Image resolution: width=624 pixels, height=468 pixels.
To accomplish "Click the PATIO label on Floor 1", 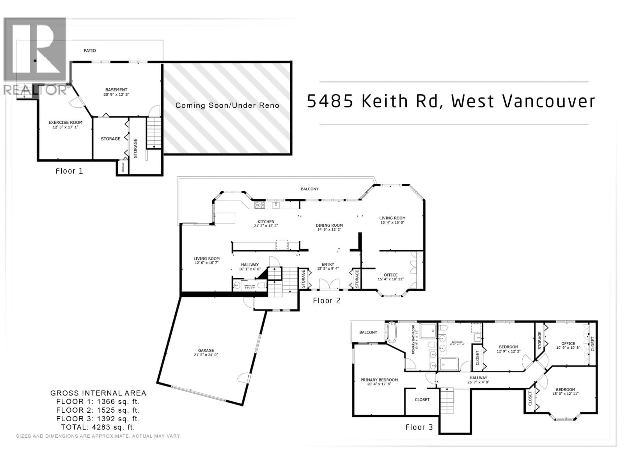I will [x=90, y=51].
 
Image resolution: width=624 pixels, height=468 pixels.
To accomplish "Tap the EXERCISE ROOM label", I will [x=65, y=122].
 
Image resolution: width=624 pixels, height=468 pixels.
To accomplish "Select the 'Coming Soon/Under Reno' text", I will [x=227, y=105].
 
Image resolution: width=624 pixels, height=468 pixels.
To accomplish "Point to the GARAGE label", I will [x=206, y=350].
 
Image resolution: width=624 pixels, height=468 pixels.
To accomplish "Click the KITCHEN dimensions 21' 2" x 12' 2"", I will [x=266, y=226].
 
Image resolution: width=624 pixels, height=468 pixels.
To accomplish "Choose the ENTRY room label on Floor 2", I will [x=328, y=264].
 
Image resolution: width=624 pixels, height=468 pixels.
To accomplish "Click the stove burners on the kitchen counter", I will [x=260, y=205].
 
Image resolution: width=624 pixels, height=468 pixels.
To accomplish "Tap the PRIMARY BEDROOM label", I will [x=379, y=380].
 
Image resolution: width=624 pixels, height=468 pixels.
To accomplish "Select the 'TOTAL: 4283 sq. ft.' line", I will [x=98, y=427].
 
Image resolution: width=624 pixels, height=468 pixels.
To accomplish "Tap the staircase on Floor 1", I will [x=154, y=133].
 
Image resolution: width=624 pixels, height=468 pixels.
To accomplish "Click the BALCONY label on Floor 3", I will [x=368, y=332].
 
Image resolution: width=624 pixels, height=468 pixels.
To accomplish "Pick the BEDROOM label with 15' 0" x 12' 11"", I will [x=565, y=390].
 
